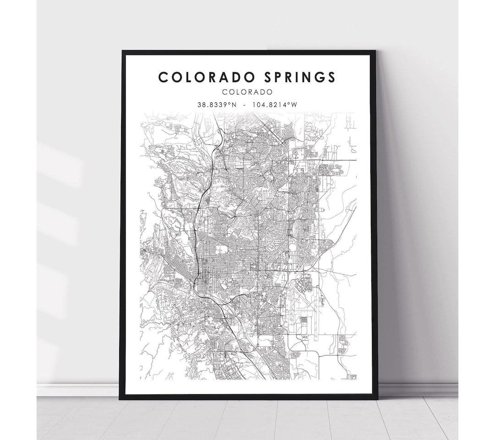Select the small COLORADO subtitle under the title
click(x=247, y=92)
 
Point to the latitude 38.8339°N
click(x=217, y=105)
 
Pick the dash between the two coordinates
click(x=246, y=105)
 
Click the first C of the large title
click(x=163, y=77)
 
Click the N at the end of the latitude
click(x=234, y=105)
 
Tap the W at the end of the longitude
click(x=294, y=105)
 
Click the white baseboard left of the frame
click(x=78, y=390)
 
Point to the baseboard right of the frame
click(x=417, y=390)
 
